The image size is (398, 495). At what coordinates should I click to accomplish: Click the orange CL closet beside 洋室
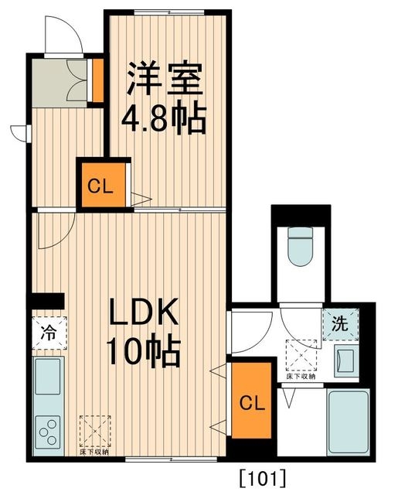[x=103, y=186]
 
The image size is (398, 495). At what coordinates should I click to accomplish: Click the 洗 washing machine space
[x=340, y=324]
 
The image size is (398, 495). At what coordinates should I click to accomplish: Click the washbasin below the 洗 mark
[x=345, y=358]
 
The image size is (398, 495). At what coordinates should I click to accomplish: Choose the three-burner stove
[x=48, y=429]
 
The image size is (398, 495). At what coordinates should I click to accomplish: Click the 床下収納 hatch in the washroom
[x=301, y=354]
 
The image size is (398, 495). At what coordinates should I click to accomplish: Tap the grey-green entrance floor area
[x=55, y=80]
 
